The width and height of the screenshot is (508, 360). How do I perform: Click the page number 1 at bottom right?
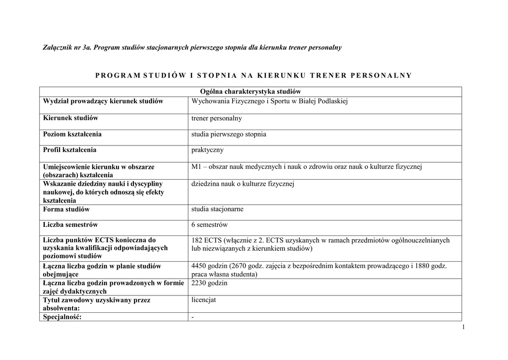click(x=462, y=327)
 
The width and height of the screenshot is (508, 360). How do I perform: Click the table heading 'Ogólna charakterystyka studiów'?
click(x=251, y=92)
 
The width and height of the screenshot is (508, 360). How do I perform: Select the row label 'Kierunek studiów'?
click(x=70, y=118)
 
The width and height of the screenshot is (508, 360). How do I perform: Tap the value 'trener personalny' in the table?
click(x=217, y=119)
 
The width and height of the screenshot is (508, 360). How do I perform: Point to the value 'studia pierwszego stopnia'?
click(x=229, y=134)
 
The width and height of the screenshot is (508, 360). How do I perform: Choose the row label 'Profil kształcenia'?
click(x=70, y=150)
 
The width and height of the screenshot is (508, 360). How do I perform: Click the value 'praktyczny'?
click(x=207, y=150)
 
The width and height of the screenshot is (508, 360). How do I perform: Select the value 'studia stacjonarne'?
click(x=217, y=209)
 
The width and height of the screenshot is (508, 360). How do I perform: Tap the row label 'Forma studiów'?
click(x=66, y=210)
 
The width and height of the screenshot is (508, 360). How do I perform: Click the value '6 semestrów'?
click(x=209, y=225)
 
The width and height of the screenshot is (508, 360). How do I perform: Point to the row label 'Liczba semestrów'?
click(x=70, y=225)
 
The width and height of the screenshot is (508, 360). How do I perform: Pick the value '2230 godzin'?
click(x=209, y=283)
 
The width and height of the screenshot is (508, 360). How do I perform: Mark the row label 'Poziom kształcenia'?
click(x=72, y=134)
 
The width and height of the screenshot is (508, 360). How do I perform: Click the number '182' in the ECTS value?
click(x=197, y=240)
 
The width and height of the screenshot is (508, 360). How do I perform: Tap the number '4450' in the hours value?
click(x=199, y=266)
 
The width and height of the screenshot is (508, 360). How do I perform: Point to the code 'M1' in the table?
click(x=196, y=167)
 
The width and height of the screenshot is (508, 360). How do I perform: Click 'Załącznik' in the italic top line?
click(x=58, y=47)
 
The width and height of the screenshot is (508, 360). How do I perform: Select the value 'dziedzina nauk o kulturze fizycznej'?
click(x=243, y=184)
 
